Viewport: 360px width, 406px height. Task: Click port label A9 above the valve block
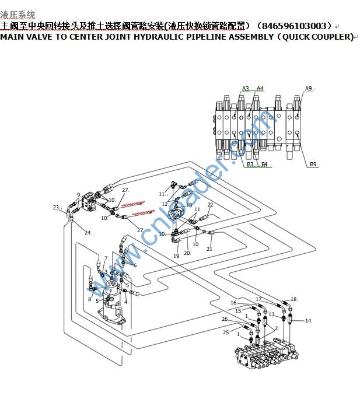308,88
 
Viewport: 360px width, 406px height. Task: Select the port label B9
313,164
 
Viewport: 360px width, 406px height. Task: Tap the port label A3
245,89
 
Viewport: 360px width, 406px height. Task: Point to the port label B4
264,164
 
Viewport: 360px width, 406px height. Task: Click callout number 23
56,208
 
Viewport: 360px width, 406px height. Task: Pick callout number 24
88,233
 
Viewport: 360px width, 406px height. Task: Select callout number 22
210,205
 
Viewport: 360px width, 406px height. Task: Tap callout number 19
176,256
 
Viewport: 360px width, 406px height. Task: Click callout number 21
209,249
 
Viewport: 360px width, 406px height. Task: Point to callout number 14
308,321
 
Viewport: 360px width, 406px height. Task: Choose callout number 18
293,299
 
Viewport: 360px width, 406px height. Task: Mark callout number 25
226,332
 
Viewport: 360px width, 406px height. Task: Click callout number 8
90,299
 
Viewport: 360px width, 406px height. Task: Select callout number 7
106,258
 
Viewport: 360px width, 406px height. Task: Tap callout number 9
79,195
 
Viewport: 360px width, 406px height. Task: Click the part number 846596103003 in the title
294,26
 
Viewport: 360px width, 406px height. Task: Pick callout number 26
225,319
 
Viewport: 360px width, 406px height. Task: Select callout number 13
271,314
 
